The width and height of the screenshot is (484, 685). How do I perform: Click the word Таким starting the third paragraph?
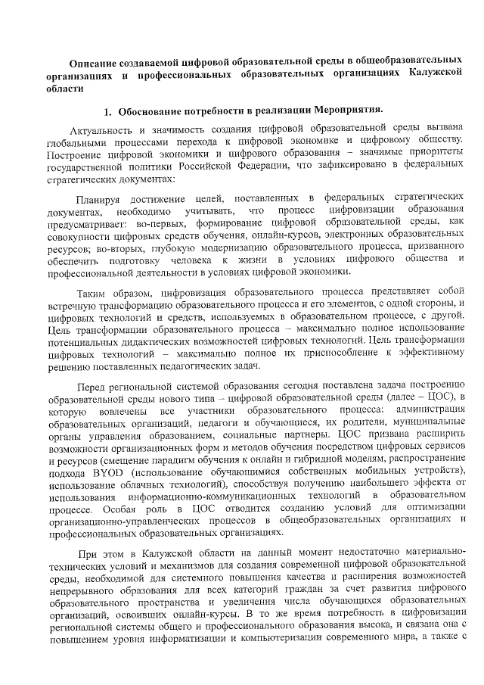[95, 291]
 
